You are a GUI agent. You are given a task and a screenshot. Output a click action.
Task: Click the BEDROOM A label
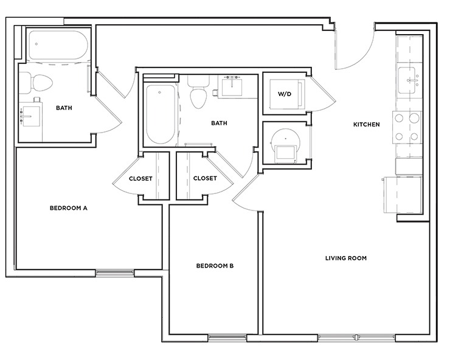point(69,208)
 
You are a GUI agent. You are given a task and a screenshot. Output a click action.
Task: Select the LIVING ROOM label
point(345,258)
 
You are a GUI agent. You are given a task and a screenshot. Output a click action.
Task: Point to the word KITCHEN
point(367,125)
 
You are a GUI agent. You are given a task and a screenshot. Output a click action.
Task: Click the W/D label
point(284,94)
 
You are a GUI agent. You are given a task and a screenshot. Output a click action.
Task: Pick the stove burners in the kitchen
point(407,128)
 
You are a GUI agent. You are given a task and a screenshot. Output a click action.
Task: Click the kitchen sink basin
point(409,79)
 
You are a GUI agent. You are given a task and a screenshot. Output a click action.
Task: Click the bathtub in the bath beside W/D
point(160,114)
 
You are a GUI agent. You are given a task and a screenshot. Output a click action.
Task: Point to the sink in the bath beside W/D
point(230,86)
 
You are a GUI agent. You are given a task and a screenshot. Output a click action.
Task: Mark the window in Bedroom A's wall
point(114,272)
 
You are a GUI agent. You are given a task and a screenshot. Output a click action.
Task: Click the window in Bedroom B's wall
point(227,337)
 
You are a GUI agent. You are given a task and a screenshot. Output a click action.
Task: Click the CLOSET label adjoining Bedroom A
point(140,178)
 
